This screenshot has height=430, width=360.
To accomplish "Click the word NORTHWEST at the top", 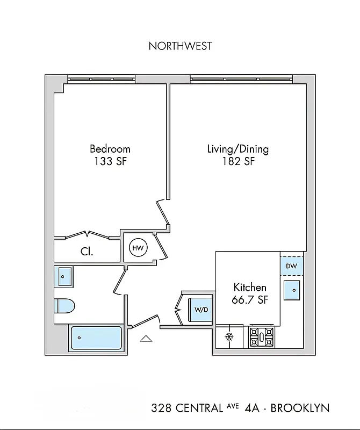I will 180,46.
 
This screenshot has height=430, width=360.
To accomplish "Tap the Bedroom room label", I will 110,149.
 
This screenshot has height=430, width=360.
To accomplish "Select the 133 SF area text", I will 110,161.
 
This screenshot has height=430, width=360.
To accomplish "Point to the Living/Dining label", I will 238,149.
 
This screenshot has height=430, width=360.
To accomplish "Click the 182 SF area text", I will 238,161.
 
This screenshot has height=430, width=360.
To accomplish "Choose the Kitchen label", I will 250,287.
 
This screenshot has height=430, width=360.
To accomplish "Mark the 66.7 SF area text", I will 250,300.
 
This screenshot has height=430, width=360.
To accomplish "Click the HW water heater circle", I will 138,248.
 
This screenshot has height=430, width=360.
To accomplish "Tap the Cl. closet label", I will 88,251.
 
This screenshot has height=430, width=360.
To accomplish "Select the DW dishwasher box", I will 291,266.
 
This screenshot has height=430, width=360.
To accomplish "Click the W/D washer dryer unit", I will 201,310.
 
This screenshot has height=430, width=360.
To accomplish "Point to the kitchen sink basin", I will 292,290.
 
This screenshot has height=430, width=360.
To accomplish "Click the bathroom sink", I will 64,277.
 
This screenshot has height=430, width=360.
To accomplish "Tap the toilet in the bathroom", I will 64,306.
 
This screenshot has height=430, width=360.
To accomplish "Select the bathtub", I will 96,338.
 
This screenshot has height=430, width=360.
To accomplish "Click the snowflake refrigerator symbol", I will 228,337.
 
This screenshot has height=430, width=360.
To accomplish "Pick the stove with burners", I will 262,337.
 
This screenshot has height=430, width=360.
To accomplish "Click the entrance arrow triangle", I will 146,338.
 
